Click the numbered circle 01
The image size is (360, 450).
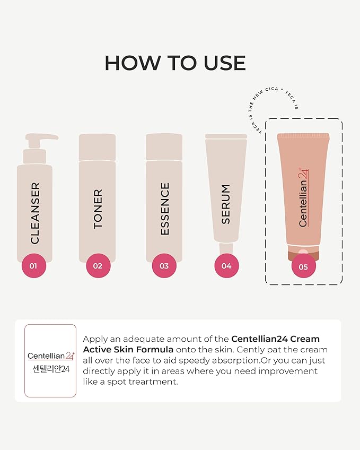33,266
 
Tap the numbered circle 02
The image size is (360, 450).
98,266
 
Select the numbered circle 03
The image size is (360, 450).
164,266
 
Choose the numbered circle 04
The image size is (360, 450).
226,266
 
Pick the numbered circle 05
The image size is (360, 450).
303,267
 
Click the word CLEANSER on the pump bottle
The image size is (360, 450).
35,213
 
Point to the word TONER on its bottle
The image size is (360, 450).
98,209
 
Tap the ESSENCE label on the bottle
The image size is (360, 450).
165,209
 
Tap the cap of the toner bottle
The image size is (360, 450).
98,146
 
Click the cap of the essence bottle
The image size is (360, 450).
164,146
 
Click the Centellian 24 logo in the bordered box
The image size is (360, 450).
50,356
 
